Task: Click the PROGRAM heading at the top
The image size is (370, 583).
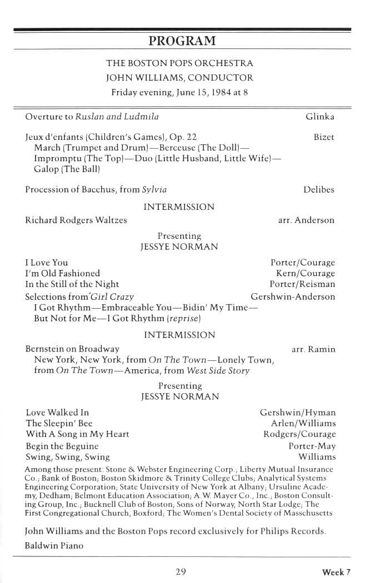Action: pos(182,41)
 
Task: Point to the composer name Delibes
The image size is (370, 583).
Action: pos(319,190)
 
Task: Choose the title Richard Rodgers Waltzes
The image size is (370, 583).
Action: pos(76,220)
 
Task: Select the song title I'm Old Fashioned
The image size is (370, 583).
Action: pos(63,273)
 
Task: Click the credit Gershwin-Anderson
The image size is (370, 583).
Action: pos(293,296)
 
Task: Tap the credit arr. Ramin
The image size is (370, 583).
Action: pos(313,349)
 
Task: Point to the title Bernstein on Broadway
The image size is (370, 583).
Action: pos(72,349)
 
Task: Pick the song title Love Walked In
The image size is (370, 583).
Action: pos(57,413)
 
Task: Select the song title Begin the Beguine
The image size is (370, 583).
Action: pos(62,446)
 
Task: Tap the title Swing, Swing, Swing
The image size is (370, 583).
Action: pos(67,457)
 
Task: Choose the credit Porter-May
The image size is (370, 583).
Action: pos(312,446)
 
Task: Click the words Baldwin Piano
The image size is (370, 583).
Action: pos(54,545)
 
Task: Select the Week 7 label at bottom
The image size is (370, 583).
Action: pos(336,572)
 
